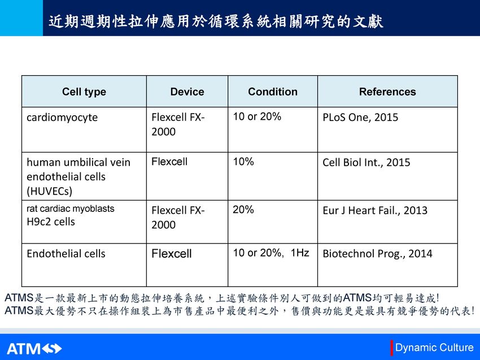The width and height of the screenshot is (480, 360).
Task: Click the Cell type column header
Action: tap(84, 92)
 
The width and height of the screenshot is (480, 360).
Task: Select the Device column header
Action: tap(187, 92)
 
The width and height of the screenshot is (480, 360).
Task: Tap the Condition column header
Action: tap(272, 92)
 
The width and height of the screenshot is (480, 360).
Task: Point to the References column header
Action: tap(387, 92)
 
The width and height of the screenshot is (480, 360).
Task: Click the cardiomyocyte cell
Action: tap(62, 118)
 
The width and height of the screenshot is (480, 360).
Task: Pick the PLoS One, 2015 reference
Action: tap(360, 118)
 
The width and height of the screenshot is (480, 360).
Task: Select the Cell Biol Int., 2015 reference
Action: tap(366, 162)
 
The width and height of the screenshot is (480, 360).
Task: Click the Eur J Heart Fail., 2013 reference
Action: tap(375, 210)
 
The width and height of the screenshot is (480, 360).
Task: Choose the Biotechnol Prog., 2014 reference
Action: tap(377, 254)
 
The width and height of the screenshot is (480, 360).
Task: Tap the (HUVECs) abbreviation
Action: tap(49, 192)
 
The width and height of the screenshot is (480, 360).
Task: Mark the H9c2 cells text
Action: tap(51, 222)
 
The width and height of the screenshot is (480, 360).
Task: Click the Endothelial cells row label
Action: tap(66, 254)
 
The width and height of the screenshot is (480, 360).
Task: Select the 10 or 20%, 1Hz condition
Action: tap(271, 253)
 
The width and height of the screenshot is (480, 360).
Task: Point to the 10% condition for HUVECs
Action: tap(243, 162)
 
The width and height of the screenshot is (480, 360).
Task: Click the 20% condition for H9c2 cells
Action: tap(243, 210)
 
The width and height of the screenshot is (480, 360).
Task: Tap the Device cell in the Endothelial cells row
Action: tap(172, 254)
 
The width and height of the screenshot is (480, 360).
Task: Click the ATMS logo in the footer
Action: tap(34, 349)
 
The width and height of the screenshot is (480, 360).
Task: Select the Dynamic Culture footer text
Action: tap(434, 348)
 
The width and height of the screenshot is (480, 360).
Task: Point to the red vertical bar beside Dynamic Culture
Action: tap(391, 348)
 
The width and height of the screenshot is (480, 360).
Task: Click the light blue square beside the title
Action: tap(21, 18)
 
